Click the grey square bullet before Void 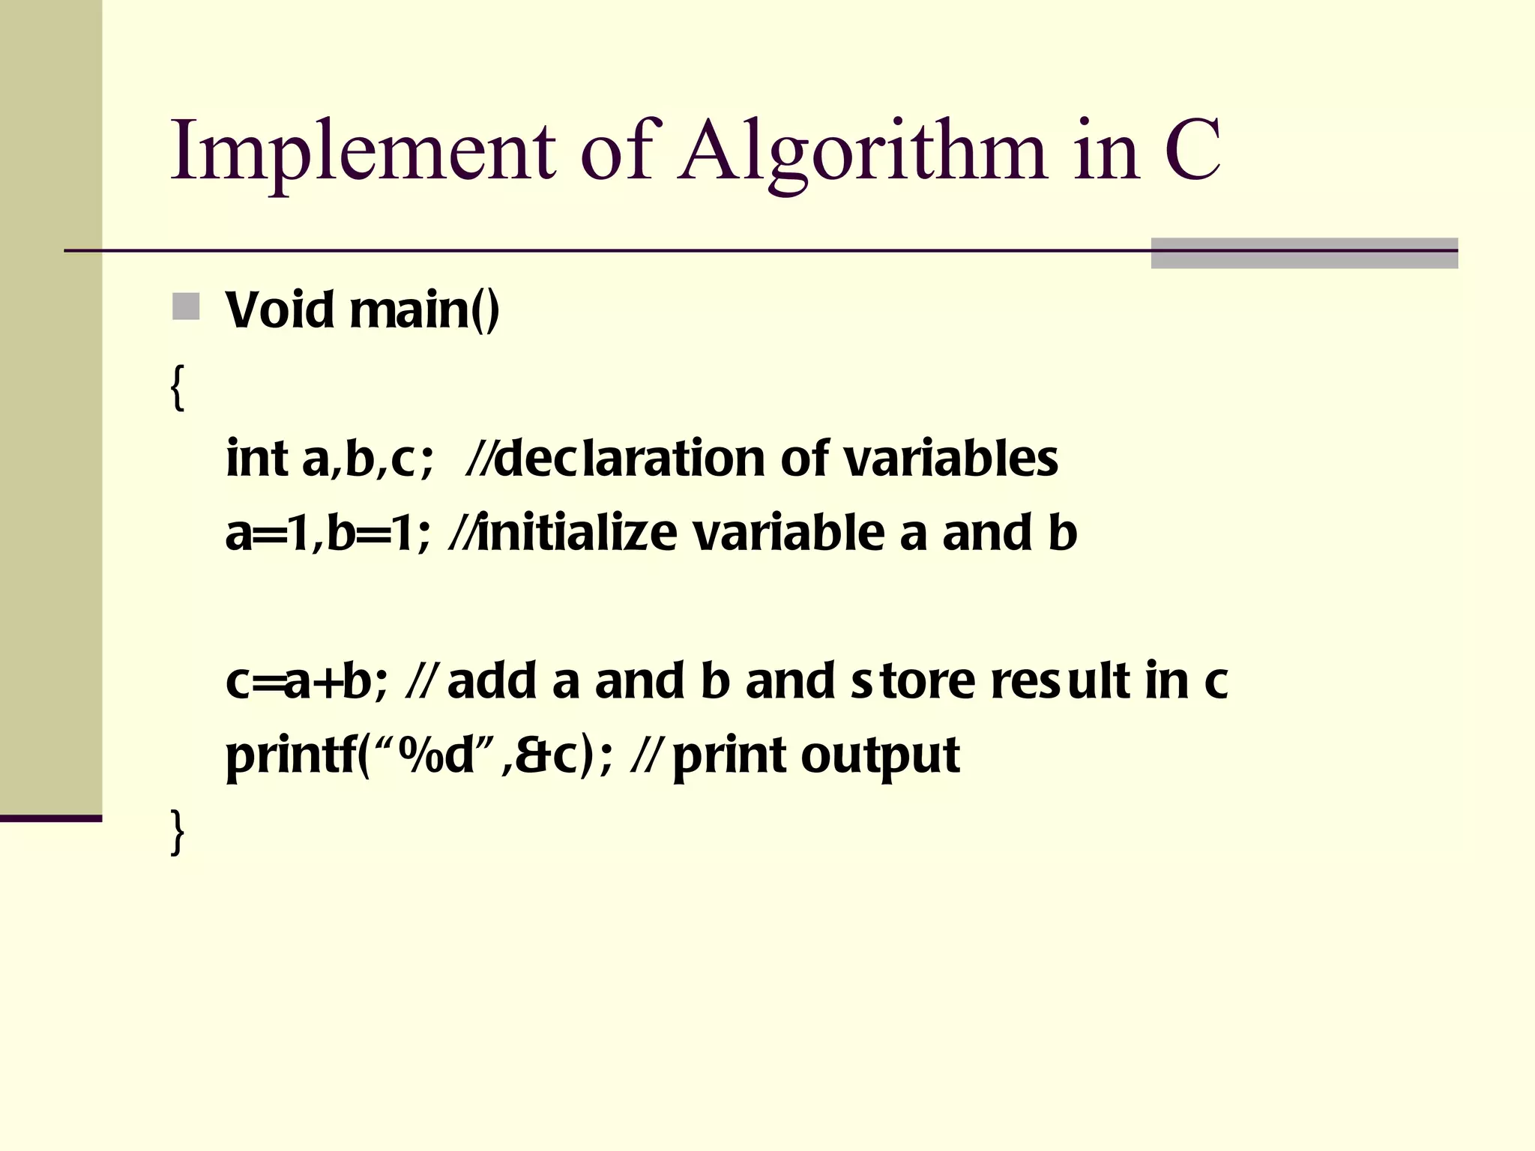click(x=186, y=306)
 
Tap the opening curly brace click(x=178, y=387)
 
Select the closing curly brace click(x=178, y=831)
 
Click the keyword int click(x=257, y=459)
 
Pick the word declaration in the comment click(x=630, y=459)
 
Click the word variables click(x=951, y=459)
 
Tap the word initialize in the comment click(x=576, y=533)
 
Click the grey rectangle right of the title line click(x=1304, y=253)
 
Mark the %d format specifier click(x=436, y=755)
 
